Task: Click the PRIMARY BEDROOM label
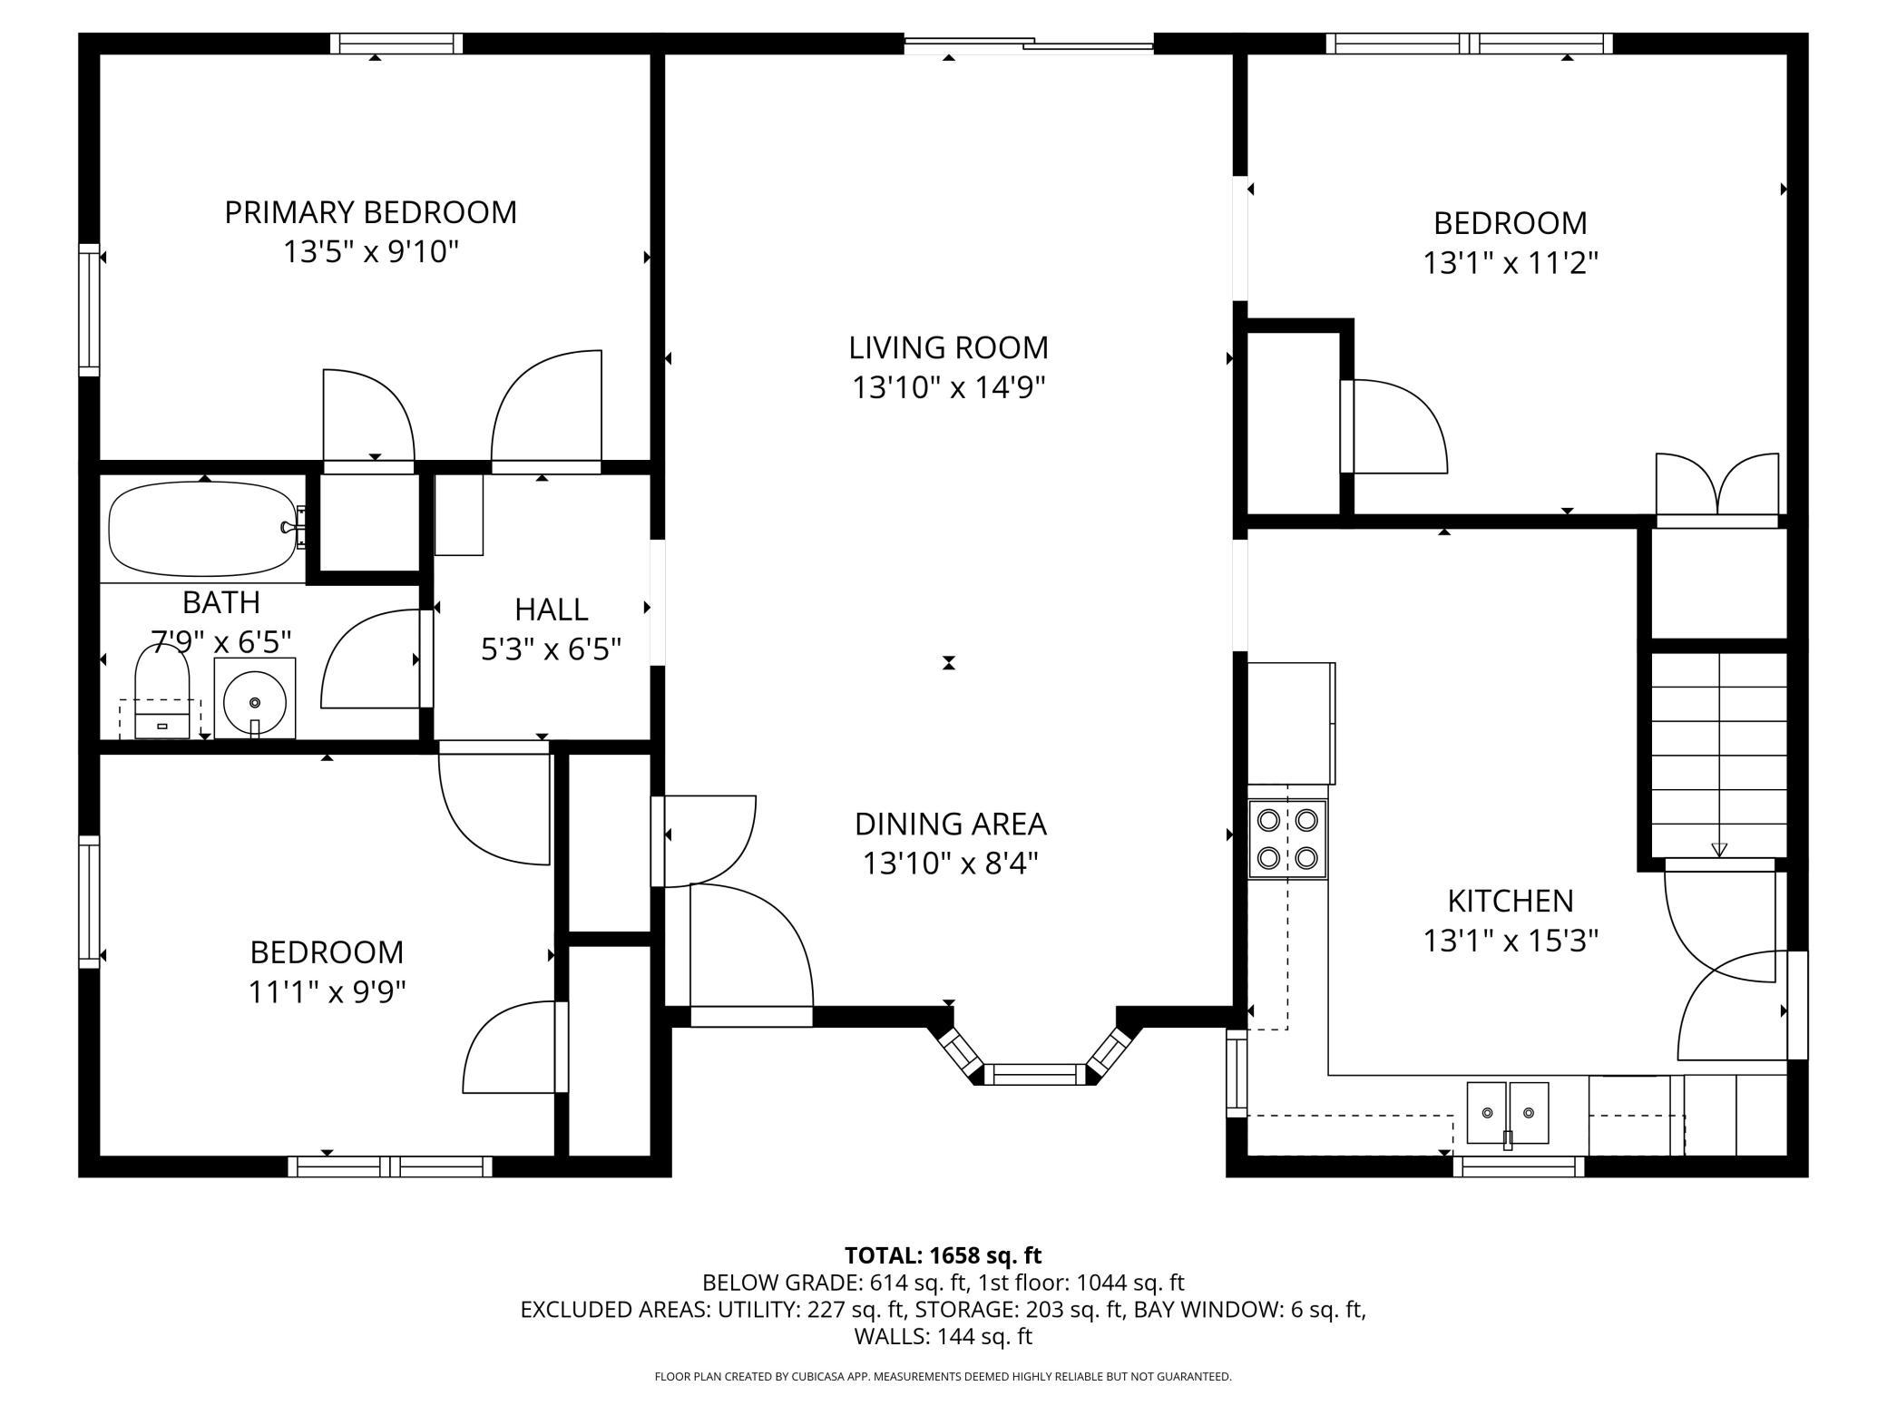click(x=371, y=212)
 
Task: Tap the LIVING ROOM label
click(x=949, y=347)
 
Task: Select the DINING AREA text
click(x=951, y=824)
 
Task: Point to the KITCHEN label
click(x=1511, y=901)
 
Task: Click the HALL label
click(x=552, y=609)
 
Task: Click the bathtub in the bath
click(x=207, y=529)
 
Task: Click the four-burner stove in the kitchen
click(x=1287, y=839)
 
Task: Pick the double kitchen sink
click(x=1508, y=1114)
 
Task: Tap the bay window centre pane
click(x=1035, y=1075)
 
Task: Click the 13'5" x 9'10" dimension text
click(x=371, y=252)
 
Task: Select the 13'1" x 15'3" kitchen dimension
click(x=1511, y=941)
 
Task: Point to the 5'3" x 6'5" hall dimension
click(x=552, y=649)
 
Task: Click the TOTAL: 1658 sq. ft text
click(x=943, y=1255)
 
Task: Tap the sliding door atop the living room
click(x=1029, y=43)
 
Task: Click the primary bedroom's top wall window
click(x=396, y=44)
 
